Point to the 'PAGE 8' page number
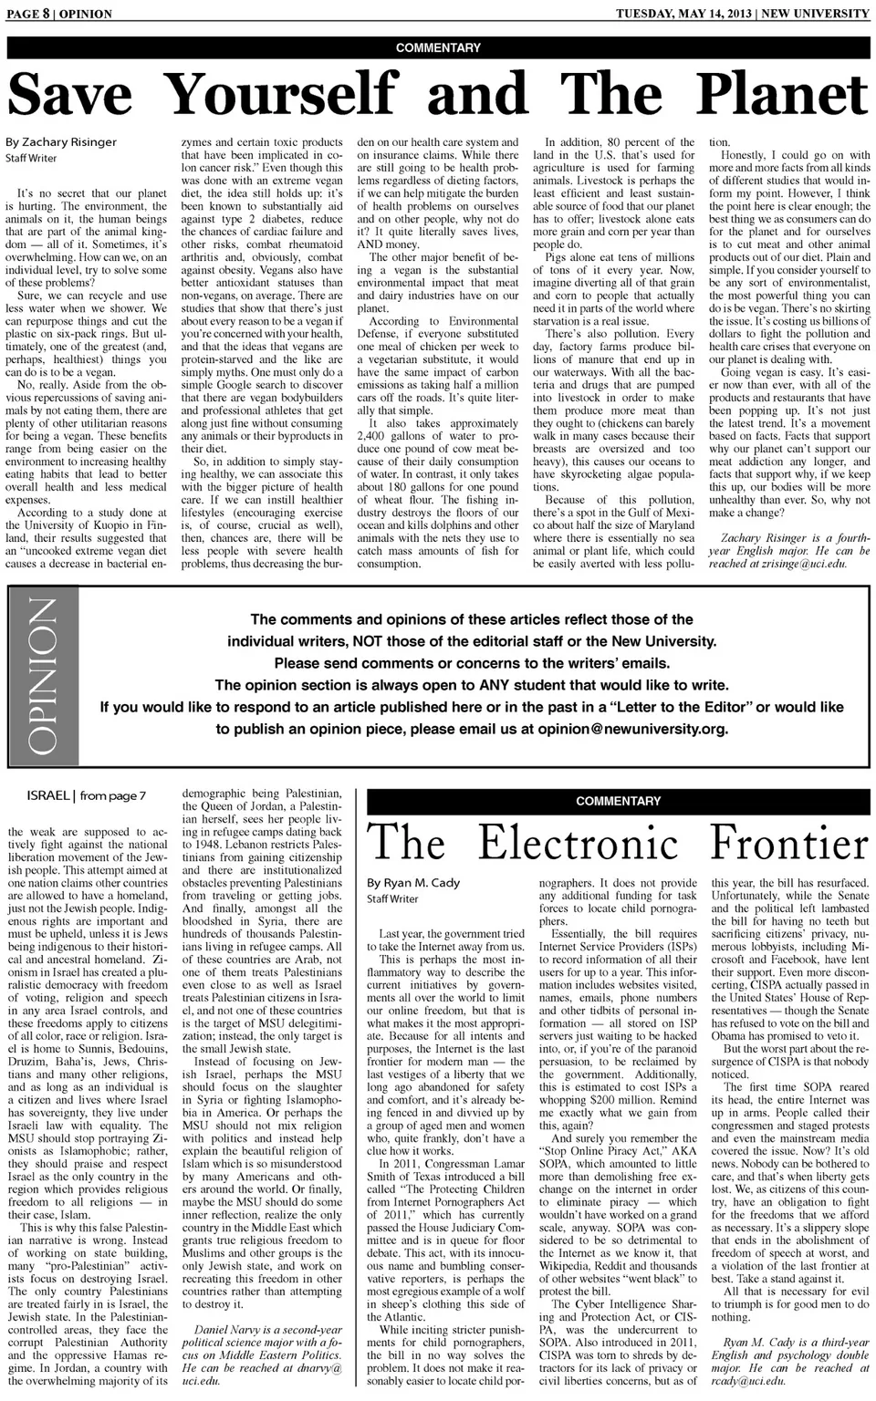point(26,14)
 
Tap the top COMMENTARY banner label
point(438,47)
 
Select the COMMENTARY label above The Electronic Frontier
point(618,801)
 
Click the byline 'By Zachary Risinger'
point(61,142)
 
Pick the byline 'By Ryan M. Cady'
point(413,883)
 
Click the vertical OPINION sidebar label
point(43,676)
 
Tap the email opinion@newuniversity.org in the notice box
point(632,729)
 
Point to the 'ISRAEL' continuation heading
point(48,795)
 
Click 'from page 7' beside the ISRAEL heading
point(112,795)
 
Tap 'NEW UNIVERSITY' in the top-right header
point(816,14)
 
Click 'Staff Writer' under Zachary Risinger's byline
point(31,159)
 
